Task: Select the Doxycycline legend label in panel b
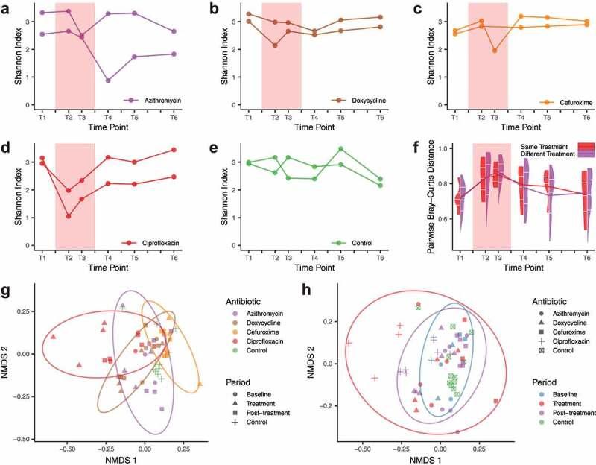tap(368, 99)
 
